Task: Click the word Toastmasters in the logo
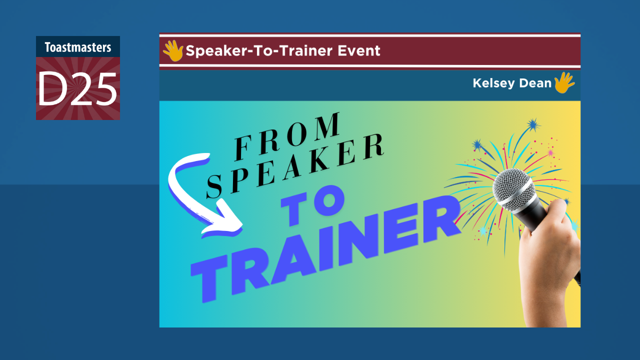point(77,47)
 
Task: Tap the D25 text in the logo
point(77,89)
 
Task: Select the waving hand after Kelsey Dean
point(564,82)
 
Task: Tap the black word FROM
point(287,135)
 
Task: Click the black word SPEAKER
point(295,165)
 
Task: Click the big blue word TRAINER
point(325,245)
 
